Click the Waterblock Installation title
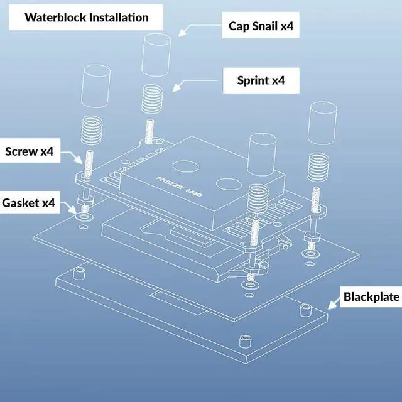(87, 17)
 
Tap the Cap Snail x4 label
(260, 27)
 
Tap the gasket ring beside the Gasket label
(83, 217)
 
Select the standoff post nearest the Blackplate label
(306, 310)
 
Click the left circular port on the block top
(185, 166)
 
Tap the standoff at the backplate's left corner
(79, 274)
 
